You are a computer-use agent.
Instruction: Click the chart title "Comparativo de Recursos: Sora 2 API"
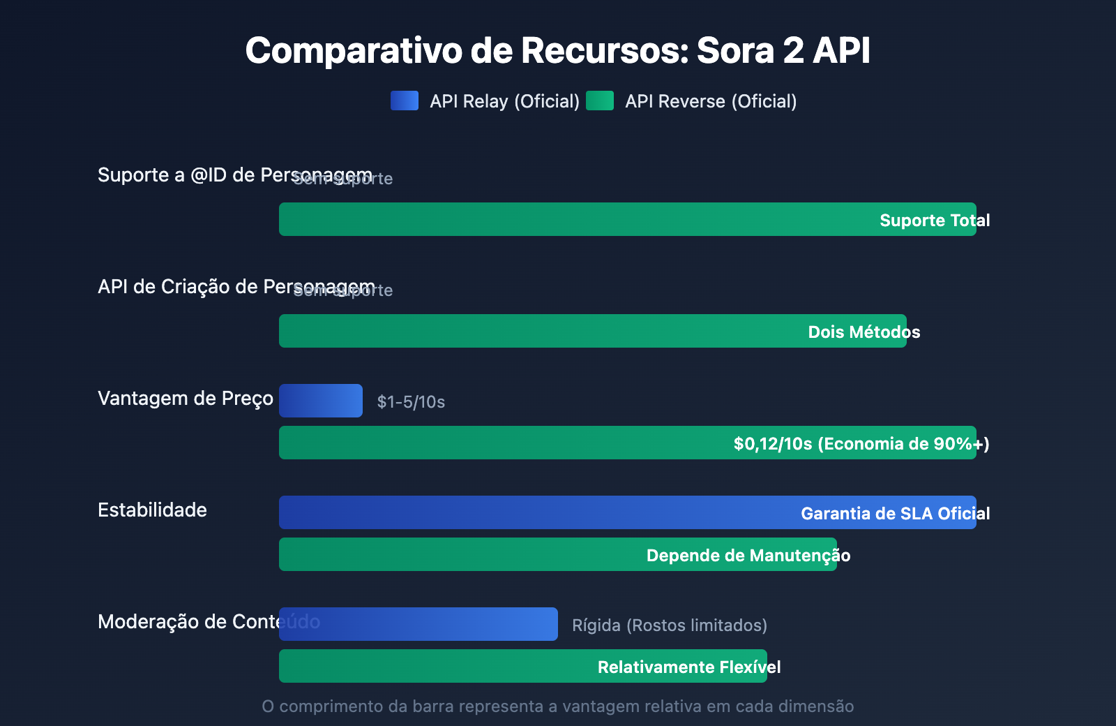coord(557,50)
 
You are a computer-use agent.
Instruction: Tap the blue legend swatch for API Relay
coord(405,101)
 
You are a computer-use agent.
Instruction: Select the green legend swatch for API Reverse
coord(600,101)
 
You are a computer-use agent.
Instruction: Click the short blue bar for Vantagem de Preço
coord(320,401)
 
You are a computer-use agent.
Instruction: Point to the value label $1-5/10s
coord(411,401)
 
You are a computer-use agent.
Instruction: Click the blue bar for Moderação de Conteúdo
coord(418,624)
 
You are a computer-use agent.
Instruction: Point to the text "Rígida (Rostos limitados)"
coord(670,625)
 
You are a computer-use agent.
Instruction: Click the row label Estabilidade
coord(152,510)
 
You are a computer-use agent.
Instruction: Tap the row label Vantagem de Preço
coord(186,399)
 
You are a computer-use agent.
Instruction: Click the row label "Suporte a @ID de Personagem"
coord(209,175)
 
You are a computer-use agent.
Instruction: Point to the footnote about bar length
coord(557,706)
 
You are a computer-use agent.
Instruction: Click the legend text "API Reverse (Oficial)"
coord(711,101)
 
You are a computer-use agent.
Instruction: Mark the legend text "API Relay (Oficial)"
coord(504,101)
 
